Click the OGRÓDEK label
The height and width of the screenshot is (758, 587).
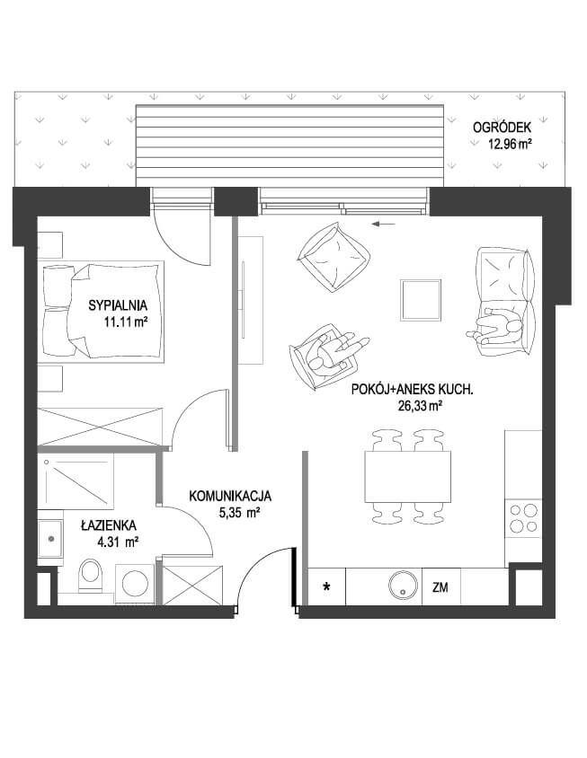pos(502,128)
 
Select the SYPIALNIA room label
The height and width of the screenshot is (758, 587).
pos(118,305)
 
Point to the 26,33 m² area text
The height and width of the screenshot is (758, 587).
pos(419,406)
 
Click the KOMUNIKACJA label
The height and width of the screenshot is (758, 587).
pos(230,496)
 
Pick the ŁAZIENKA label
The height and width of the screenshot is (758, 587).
pos(109,525)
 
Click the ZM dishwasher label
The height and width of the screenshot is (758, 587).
pos(440,588)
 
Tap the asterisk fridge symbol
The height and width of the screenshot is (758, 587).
pos(327,587)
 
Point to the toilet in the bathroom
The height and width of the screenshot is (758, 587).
pos(91,576)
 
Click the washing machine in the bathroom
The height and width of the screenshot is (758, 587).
pos(135,583)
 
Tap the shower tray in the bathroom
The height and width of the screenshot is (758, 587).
pos(76,481)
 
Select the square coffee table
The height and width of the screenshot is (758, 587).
pos(421,300)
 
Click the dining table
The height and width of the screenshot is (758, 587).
pos(407,477)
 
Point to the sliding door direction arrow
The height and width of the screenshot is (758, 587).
pos(385,224)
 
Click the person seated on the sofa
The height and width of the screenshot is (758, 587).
pos(495,327)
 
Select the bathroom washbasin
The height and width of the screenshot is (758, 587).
pos(50,538)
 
